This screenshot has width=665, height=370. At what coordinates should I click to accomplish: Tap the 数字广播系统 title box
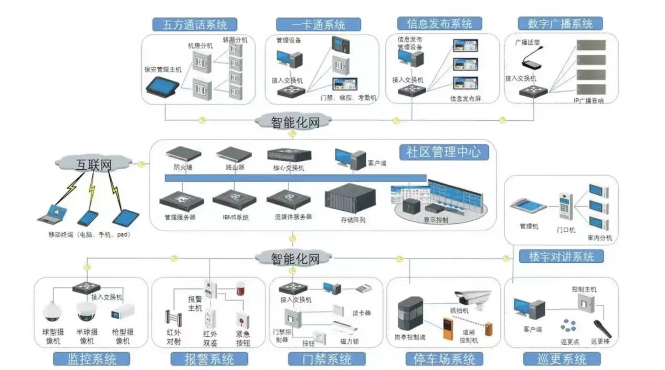coord(560,24)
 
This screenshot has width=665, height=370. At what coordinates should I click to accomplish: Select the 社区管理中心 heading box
coord(444,152)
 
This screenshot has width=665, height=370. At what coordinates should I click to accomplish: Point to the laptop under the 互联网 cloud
coord(52,213)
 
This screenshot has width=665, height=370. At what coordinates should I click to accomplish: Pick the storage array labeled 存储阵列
coord(350,201)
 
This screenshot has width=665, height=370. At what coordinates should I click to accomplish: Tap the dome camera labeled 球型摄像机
coord(52,312)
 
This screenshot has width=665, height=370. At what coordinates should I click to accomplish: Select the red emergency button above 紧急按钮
coord(242,320)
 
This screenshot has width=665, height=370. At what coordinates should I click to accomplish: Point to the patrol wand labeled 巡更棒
coord(602,328)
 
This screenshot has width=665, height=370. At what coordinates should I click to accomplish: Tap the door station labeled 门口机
coord(566,206)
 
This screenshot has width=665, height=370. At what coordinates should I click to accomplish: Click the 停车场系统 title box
coord(444,359)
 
